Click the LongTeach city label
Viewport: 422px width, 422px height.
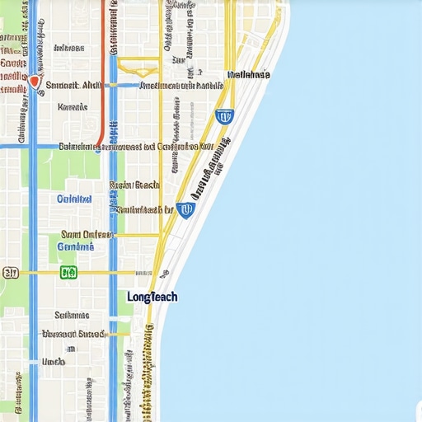(x=152, y=297)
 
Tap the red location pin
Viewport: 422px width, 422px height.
(x=35, y=82)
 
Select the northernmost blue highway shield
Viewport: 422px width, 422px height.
(x=223, y=116)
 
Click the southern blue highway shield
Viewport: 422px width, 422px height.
(x=185, y=210)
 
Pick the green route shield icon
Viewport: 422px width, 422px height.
(x=68, y=272)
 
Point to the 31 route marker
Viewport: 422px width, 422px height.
(x=11, y=272)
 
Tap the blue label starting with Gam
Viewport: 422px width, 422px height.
(x=76, y=246)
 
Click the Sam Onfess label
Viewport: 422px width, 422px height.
(x=80, y=234)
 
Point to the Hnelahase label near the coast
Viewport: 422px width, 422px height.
(x=248, y=75)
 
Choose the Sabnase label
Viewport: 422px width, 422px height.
(x=72, y=315)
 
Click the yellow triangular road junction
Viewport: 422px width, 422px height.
(x=138, y=66)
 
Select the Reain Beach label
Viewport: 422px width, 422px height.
(x=134, y=185)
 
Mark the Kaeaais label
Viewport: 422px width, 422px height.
(x=73, y=106)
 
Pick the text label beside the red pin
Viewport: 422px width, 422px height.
(x=73, y=84)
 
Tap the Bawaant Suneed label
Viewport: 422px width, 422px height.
(x=73, y=334)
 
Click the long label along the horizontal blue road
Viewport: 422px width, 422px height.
(x=136, y=147)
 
